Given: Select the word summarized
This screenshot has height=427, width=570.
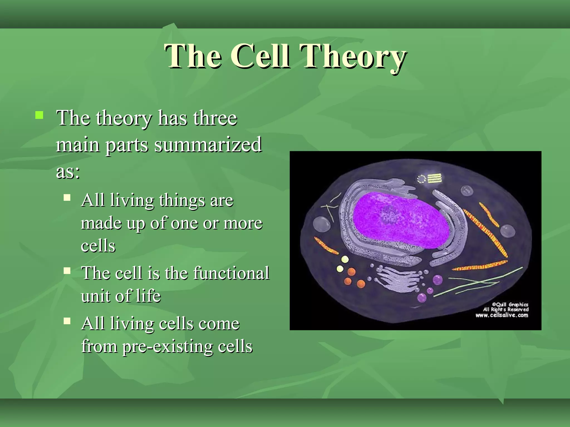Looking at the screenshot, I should pyautogui.click(x=208, y=145).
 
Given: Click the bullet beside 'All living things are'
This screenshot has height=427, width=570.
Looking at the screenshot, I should pyautogui.click(x=67, y=198).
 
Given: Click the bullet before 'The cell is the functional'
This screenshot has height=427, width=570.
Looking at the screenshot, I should pyautogui.click(x=67, y=270).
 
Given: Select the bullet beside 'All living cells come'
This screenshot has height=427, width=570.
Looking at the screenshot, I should pyautogui.click(x=67, y=321).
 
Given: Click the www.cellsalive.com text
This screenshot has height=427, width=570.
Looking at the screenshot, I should pyautogui.click(x=502, y=315).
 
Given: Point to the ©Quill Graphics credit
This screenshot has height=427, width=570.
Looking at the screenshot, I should pyautogui.click(x=510, y=304).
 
